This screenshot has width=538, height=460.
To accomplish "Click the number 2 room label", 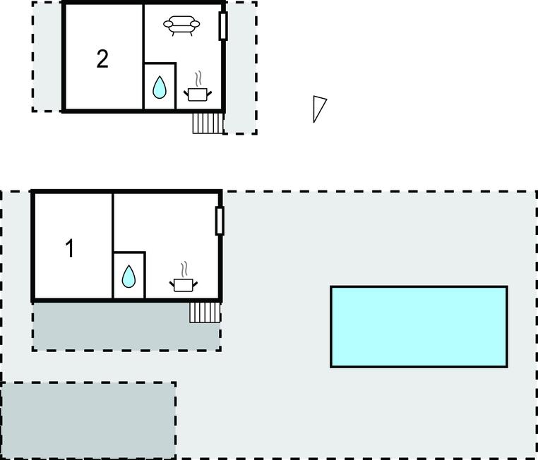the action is (102, 59).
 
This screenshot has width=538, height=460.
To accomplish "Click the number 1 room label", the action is (70, 248).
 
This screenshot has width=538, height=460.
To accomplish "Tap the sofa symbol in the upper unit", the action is (181, 25).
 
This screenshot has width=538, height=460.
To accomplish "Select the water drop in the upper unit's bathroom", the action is (159, 87).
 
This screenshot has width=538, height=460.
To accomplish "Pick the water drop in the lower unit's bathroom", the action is (128, 277).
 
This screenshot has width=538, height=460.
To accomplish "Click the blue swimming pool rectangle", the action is (419, 327).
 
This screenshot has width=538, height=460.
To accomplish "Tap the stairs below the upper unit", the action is (208, 123).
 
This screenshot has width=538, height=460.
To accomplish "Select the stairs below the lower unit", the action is (205, 313).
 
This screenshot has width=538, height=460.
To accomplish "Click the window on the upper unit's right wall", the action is (223, 25).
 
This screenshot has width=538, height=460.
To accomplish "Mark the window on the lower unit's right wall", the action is (220, 221).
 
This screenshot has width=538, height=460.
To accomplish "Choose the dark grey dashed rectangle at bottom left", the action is (89, 420).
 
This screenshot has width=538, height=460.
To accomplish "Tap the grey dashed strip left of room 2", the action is (47, 56).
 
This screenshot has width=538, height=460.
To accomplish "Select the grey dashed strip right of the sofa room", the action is (241, 68).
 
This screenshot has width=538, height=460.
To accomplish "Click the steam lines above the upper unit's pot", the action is (198, 79).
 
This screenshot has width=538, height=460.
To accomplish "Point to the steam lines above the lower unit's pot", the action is (184, 270).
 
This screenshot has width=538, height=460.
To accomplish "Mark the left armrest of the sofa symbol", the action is (168, 24).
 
